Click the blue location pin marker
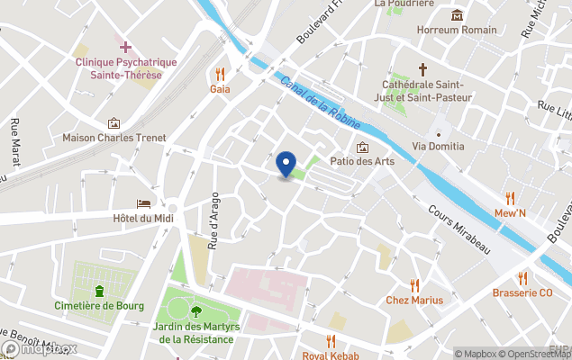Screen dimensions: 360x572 coord(286,165)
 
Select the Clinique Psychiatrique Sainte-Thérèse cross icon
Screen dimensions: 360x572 coord(125,46)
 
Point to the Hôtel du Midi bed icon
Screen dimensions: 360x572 coord(143,204)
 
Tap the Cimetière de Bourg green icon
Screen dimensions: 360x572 coord(99,291)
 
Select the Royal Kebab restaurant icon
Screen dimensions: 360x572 coord(331,340)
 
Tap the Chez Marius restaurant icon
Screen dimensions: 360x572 coord(414,284)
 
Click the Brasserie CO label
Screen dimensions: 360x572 coord(522,293)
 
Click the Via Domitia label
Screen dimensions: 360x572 coord(439,146)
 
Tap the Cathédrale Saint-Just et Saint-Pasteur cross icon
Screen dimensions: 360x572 coord(422,69)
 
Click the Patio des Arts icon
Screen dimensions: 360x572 coord(362,147)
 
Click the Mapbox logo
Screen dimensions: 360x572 coord(40,348)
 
